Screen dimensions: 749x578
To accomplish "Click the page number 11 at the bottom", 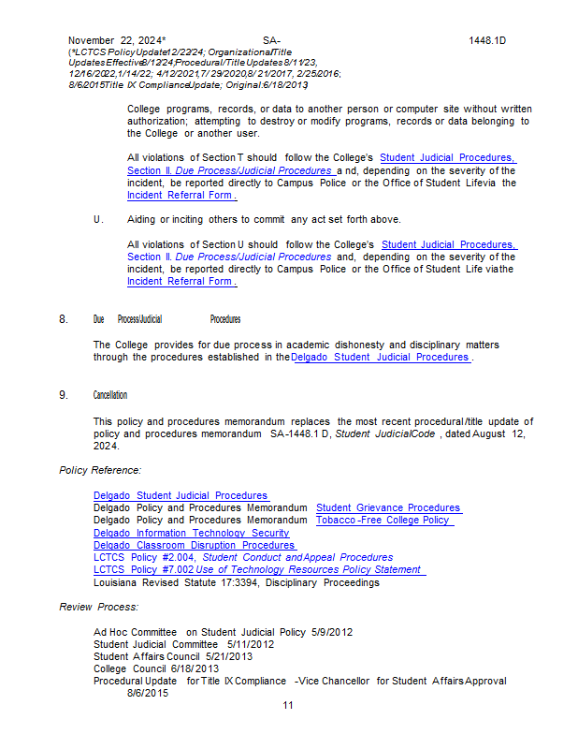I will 288,705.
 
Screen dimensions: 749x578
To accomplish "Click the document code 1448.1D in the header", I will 486,41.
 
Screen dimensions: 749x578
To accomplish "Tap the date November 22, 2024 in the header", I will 116,41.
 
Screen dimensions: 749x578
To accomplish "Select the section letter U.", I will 97,219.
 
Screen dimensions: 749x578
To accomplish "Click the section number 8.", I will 64,319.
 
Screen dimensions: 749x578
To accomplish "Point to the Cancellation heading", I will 110,395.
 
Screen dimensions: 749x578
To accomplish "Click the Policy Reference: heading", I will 100,470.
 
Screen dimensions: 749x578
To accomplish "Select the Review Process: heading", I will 98,608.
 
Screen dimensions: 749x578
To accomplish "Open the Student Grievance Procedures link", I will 388,508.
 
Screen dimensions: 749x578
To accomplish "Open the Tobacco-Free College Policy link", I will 384,521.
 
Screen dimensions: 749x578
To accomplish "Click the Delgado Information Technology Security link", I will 192,533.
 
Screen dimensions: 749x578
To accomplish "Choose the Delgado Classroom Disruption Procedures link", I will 195,545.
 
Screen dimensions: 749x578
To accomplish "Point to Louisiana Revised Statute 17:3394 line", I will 237,581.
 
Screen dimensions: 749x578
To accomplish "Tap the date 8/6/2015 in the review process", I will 148,693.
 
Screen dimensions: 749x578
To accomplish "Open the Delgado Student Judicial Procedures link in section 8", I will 381,357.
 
